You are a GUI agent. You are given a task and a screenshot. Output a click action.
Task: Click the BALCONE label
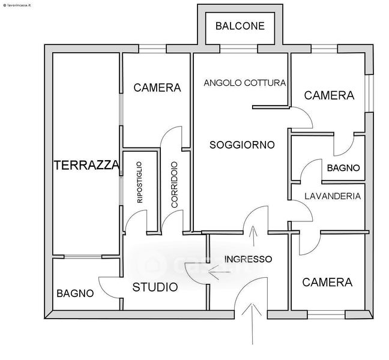point(240,26)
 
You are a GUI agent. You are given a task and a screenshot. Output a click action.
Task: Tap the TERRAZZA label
point(86,166)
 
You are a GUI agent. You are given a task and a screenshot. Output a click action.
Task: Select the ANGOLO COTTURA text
point(244,83)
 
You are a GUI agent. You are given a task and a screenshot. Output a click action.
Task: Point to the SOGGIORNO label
point(242,145)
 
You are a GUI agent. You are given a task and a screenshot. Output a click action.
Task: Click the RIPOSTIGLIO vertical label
point(140,182)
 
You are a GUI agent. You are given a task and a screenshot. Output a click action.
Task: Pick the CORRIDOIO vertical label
point(174,185)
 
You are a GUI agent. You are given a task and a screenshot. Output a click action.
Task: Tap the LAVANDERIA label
point(332,196)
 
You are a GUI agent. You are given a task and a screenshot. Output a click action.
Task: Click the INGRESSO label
point(248,259)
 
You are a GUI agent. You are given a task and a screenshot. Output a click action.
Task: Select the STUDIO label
point(155,287)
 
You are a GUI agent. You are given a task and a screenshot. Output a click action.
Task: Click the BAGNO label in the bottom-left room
point(75,293)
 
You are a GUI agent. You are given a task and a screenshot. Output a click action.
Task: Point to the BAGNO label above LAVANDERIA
point(343,168)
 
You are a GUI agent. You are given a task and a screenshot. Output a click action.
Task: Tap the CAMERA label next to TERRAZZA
point(157,88)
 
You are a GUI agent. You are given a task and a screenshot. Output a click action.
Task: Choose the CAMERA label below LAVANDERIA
point(327,282)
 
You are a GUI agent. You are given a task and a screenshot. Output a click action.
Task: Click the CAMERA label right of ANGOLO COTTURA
point(329,95)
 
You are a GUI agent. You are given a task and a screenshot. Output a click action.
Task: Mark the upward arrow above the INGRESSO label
point(253,236)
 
